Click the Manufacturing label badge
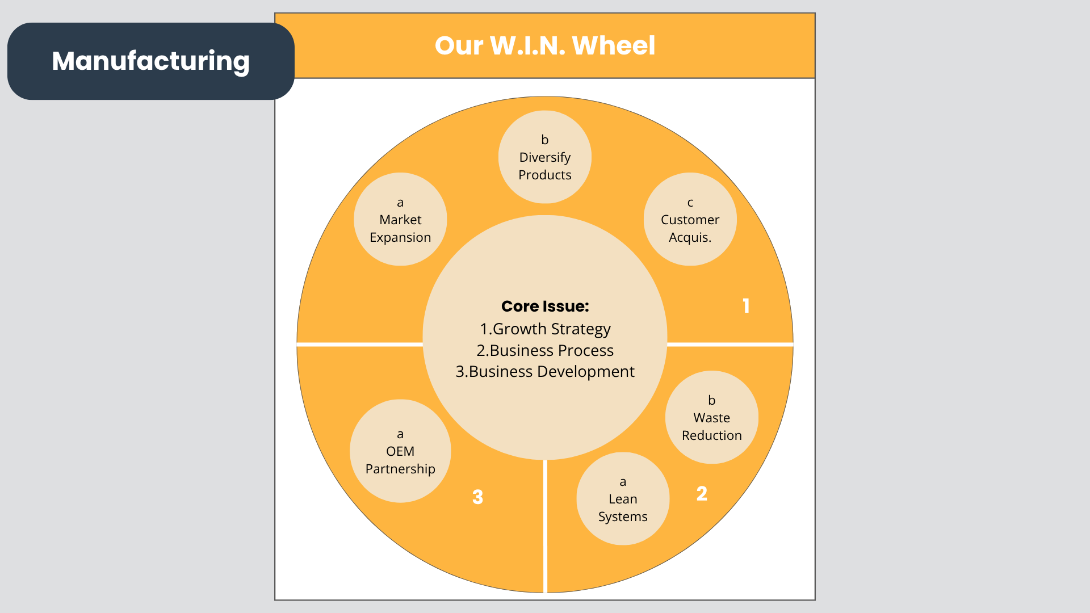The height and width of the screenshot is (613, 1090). coord(150,61)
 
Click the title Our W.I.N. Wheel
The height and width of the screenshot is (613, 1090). coord(545,45)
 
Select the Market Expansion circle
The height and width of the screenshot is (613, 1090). coord(400,220)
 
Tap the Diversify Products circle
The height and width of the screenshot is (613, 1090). coord(545,157)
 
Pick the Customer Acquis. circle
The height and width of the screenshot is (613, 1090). coord(690,220)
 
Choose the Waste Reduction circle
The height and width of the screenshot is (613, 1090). coord(711,418)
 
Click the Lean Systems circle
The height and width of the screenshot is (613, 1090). coord(623,499)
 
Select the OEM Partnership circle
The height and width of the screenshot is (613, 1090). coord(400,451)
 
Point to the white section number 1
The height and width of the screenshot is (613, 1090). coord(746,306)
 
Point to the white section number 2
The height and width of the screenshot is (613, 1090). coord(702,494)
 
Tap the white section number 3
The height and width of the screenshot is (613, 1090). coord(477,497)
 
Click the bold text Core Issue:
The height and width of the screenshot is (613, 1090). coord(545,306)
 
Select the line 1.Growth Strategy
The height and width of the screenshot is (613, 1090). coord(545,329)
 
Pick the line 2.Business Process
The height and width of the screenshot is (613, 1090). coord(545,351)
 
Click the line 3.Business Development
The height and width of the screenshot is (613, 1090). coord(545,372)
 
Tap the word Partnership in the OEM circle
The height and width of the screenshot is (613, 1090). coord(400,469)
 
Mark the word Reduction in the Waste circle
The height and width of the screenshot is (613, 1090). coord(711,435)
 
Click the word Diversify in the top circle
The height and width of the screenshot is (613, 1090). coord(545,157)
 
